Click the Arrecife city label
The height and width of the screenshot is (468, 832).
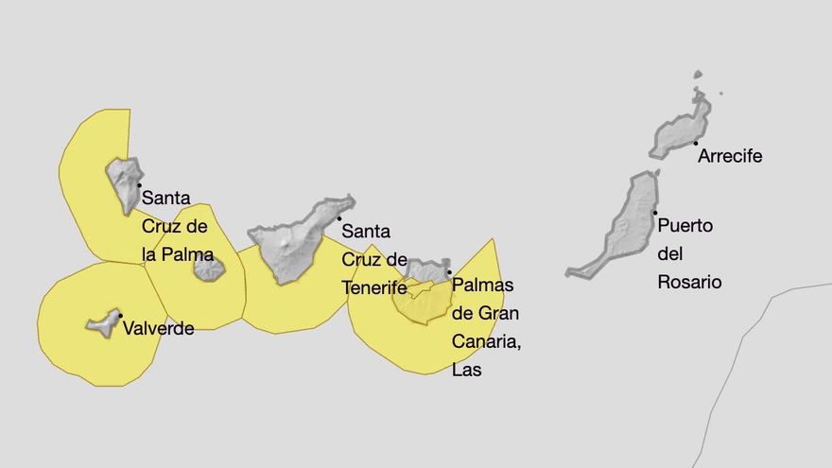pyautogui.click(x=729, y=156)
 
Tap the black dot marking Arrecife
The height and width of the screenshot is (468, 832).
pyautogui.click(x=696, y=143)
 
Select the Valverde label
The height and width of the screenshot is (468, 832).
pyautogui.click(x=158, y=329)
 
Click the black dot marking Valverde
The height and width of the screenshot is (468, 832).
pyautogui.click(x=120, y=315)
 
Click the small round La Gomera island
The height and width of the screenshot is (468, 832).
pyautogui.click(x=208, y=270)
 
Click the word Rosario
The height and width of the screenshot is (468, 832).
pyautogui.click(x=689, y=282)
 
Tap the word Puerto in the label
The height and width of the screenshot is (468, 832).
pyautogui.click(x=685, y=226)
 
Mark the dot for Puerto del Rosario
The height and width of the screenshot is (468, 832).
pyautogui.click(x=654, y=213)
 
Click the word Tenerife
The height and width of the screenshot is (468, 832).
pyautogui.click(x=374, y=287)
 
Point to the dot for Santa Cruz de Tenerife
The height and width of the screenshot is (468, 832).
pyautogui.click(x=338, y=218)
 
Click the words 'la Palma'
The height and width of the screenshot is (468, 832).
pyautogui.click(x=177, y=254)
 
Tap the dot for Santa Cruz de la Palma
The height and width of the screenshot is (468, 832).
pyautogui.click(x=139, y=185)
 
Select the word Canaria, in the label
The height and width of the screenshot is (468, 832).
pyautogui.click(x=486, y=341)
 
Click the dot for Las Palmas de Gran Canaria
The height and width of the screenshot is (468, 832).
pyautogui.click(x=449, y=272)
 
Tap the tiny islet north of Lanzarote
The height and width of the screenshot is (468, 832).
pyautogui.click(x=698, y=74)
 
